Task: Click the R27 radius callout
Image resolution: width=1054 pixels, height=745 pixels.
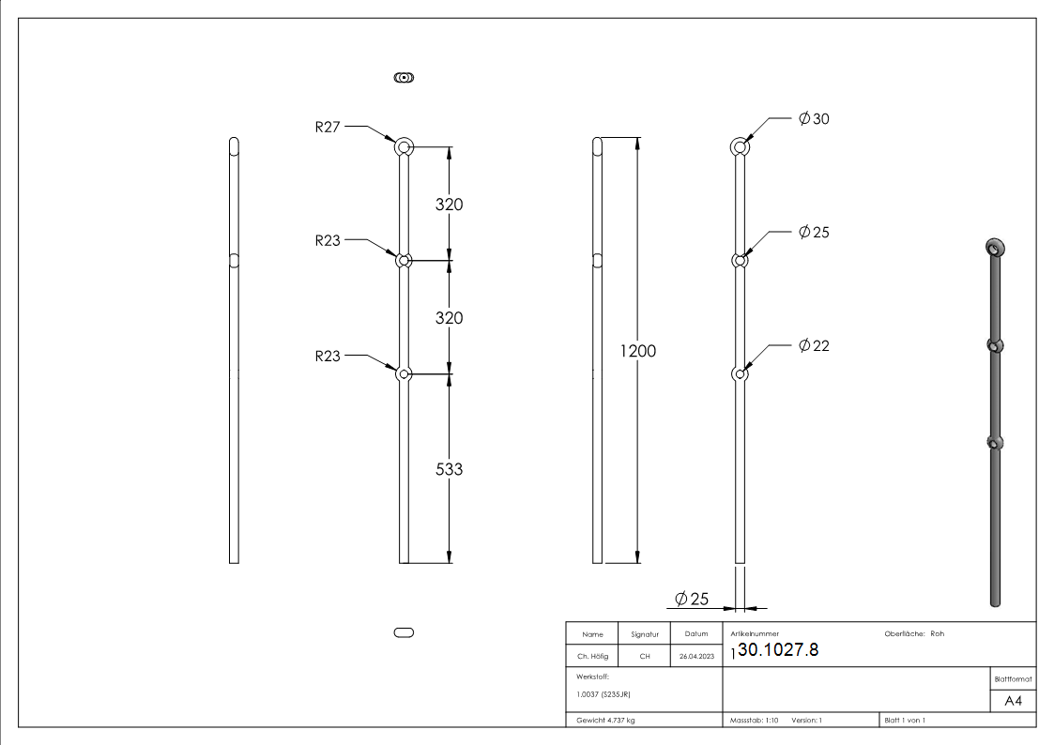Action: [328, 128]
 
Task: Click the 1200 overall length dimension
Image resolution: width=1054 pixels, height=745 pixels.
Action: [638, 351]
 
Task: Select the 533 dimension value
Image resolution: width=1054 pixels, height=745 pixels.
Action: [450, 468]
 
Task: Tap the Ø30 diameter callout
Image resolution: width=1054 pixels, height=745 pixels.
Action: [814, 119]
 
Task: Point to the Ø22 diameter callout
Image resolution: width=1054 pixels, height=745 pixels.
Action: [814, 346]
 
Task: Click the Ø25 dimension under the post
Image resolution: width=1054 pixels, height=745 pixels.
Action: [692, 599]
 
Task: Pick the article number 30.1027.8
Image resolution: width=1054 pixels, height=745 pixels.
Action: [778, 649]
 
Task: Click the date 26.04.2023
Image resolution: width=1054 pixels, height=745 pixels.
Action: [695, 657]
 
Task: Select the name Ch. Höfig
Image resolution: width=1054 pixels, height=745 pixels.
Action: [592, 657]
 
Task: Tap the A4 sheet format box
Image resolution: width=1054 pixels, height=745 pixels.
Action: [1013, 701]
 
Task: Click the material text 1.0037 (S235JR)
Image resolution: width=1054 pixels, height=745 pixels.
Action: [603, 694]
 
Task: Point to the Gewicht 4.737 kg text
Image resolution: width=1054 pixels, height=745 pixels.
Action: [605, 721]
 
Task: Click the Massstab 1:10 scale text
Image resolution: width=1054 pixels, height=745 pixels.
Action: [755, 721]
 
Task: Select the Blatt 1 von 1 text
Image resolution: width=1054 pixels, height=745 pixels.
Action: [904, 721]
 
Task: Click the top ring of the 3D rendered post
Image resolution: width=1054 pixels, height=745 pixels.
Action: [995, 247]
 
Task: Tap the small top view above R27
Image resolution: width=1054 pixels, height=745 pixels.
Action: [405, 78]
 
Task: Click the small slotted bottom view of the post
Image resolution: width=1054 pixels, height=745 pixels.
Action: [405, 633]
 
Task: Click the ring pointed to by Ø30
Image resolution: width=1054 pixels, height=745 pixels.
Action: [741, 146]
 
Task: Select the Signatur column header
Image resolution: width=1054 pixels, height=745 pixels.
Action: [645, 634]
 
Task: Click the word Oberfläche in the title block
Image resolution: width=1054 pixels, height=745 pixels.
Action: [905, 634]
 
